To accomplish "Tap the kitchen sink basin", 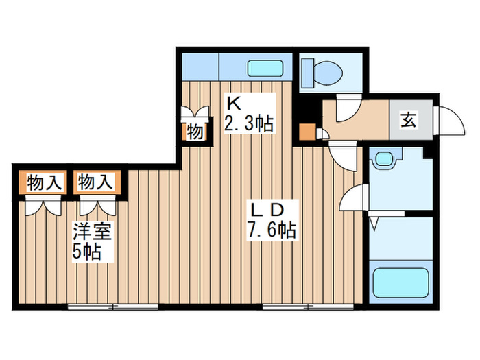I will click(x=265, y=69).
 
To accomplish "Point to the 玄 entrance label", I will click(x=408, y=121).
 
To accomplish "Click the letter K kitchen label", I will click(x=234, y=104).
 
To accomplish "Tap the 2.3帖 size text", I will click(x=249, y=124).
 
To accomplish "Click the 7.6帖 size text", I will click(x=272, y=230).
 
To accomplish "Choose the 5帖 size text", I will click(x=87, y=252).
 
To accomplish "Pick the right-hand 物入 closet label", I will click(x=95, y=182).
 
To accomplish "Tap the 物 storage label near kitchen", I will click(x=195, y=130).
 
